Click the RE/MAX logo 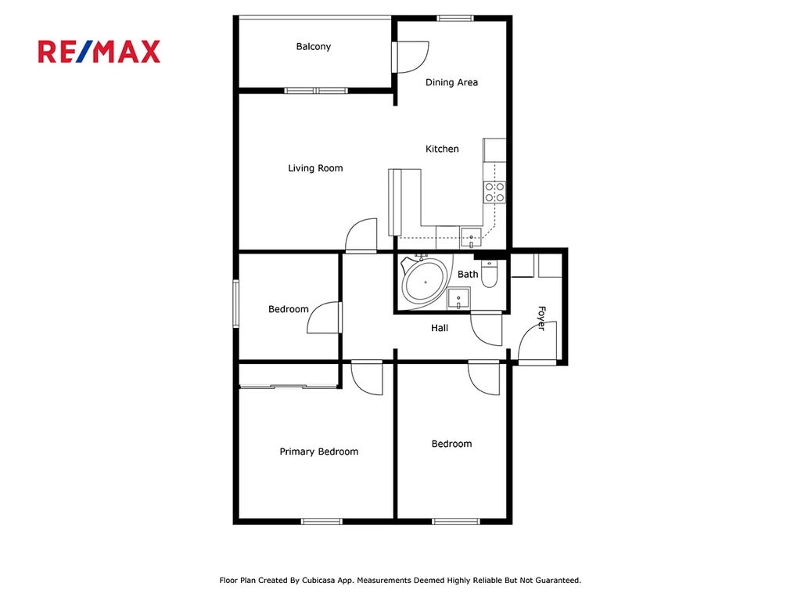tap(99, 52)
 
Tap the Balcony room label tap(314, 46)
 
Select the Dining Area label tap(451, 82)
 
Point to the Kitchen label tap(443, 149)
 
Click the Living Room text tap(315, 168)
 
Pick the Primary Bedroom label tap(319, 452)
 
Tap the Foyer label tap(542, 318)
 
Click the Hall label tap(440, 328)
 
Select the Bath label tap(468, 275)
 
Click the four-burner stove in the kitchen tap(494, 193)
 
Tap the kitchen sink tap(470, 238)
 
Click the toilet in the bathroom tap(490, 275)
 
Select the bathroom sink tap(458, 298)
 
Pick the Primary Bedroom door tap(368, 377)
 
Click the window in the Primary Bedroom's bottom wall tap(321, 521)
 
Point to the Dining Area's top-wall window tap(455, 19)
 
